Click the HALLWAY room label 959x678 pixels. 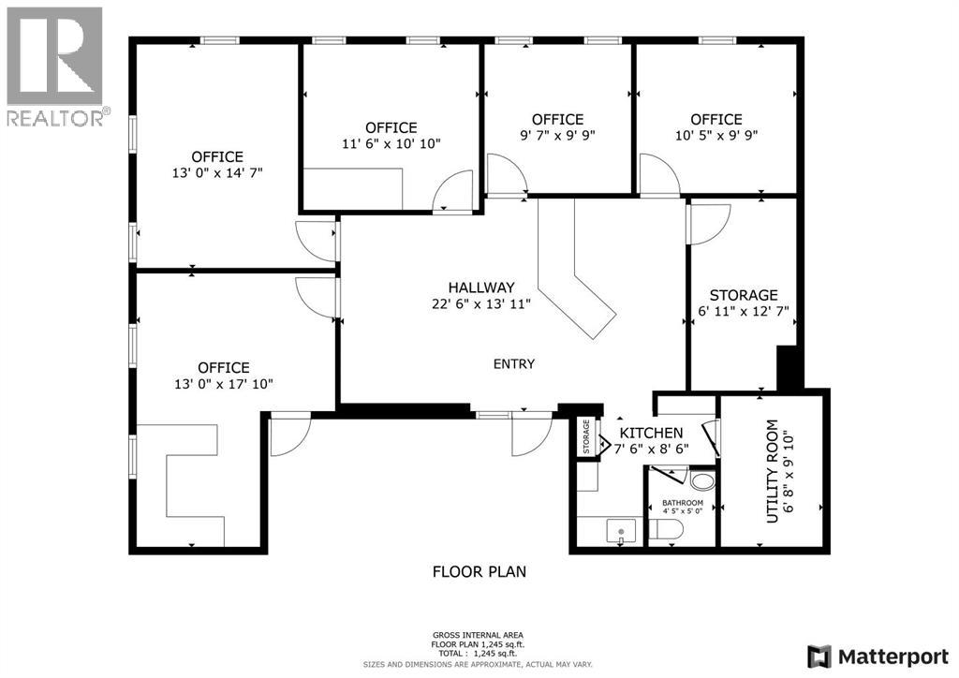point(480,287)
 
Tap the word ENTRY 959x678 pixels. point(514,364)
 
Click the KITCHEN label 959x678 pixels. point(652,433)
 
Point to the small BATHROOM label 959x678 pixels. point(682,503)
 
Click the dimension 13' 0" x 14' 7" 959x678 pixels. point(217,172)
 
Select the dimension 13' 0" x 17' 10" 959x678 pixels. point(223,384)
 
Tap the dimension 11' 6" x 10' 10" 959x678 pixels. point(391,143)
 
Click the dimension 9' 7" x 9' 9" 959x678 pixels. point(557,135)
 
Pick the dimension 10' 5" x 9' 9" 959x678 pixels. point(716,135)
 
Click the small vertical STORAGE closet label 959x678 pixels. point(587,436)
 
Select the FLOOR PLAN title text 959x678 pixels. point(479,570)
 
